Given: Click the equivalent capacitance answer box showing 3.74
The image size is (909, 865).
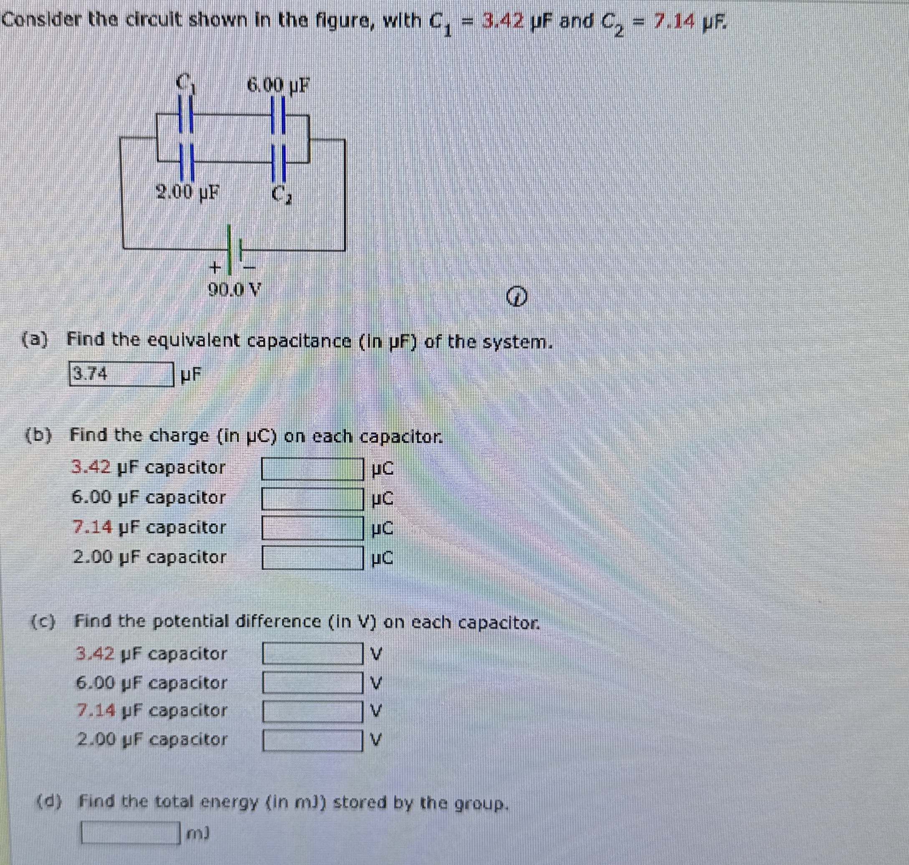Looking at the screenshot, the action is (121, 374).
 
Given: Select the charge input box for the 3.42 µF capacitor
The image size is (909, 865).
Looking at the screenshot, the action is (313, 469).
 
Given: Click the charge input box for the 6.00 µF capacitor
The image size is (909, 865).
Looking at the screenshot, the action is (313, 498).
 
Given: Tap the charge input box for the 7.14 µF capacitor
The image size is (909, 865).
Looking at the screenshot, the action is (313, 528).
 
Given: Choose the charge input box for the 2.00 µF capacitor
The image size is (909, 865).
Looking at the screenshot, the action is (313, 558).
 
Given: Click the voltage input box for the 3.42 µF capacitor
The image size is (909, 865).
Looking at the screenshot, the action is (313, 654).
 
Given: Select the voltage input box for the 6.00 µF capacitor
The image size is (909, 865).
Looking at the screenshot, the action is (313, 683).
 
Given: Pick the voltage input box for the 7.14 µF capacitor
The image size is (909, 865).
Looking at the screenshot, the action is (313, 711).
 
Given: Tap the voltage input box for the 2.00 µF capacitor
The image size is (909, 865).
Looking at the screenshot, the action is (313, 740).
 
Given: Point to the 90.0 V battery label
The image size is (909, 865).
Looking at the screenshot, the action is (234, 290).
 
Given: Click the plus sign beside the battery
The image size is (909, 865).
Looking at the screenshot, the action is (214, 267).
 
